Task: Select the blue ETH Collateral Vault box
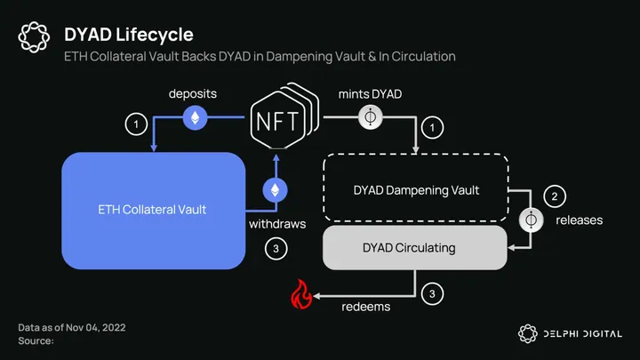pyautogui.click(x=153, y=210)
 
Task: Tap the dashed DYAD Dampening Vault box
pyautogui.click(x=416, y=189)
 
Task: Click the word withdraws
pyautogui.click(x=277, y=224)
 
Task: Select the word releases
pyautogui.click(x=578, y=220)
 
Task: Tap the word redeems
pyautogui.click(x=366, y=307)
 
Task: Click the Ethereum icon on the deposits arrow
pyautogui.click(x=196, y=118)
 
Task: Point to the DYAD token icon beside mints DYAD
pyautogui.click(x=370, y=118)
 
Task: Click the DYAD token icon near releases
pyautogui.click(x=532, y=219)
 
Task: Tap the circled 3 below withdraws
pyautogui.click(x=276, y=249)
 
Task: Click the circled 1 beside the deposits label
pyautogui.click(x=136, y=125)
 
